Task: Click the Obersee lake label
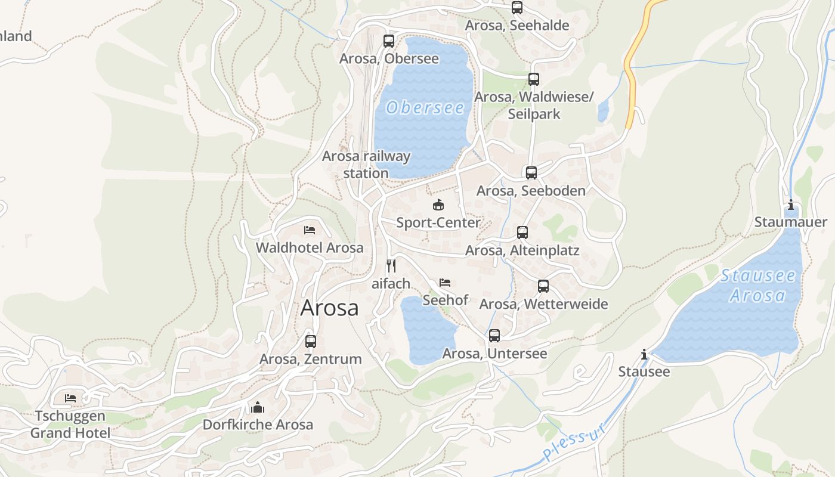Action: [425, 108]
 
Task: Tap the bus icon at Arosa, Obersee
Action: [389, 41]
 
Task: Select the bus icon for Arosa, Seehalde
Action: [517, 8]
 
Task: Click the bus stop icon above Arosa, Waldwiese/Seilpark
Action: [534, 79]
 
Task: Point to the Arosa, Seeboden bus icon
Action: [531, 173]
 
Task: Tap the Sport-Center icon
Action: [438, 205]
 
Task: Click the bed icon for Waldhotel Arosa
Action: [309, 230]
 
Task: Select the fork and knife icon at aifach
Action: [391, 266]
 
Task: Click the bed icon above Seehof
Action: [445, 283]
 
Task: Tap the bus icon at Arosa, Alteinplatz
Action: [522, 233]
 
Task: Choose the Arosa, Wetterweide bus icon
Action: [543, 286]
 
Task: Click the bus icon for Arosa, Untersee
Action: [494, 336]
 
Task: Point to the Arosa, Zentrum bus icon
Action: [311, 342]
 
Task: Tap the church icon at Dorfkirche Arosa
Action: [258, 407]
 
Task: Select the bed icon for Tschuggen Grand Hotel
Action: [70, 398]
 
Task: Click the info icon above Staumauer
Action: [791, 205]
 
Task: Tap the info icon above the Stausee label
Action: [644, 355]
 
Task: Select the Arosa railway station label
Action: [366, 165]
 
